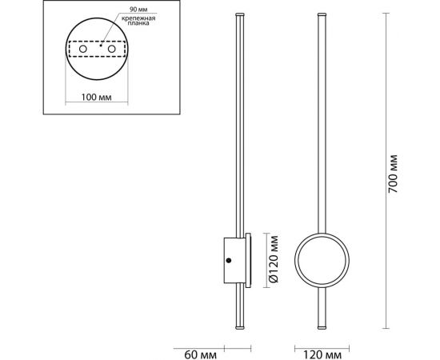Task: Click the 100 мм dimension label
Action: point(96,98)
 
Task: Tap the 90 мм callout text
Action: point(138,10)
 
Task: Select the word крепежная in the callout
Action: point(138,18)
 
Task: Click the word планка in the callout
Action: point(138,23)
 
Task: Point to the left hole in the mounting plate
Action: point(82,49)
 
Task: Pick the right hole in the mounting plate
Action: point(112,49)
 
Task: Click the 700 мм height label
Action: point(393,174)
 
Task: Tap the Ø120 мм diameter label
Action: point(274,259)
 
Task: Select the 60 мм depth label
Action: point(200,354)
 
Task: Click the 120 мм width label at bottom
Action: point(322,355)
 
